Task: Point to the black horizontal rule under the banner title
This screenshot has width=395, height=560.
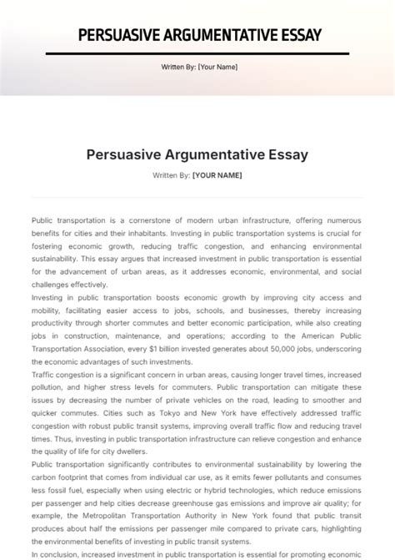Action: pos(197,53)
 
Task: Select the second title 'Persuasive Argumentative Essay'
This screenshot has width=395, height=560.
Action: pos(197,154)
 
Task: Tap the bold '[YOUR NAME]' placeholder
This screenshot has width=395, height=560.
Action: pos(217,175)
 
